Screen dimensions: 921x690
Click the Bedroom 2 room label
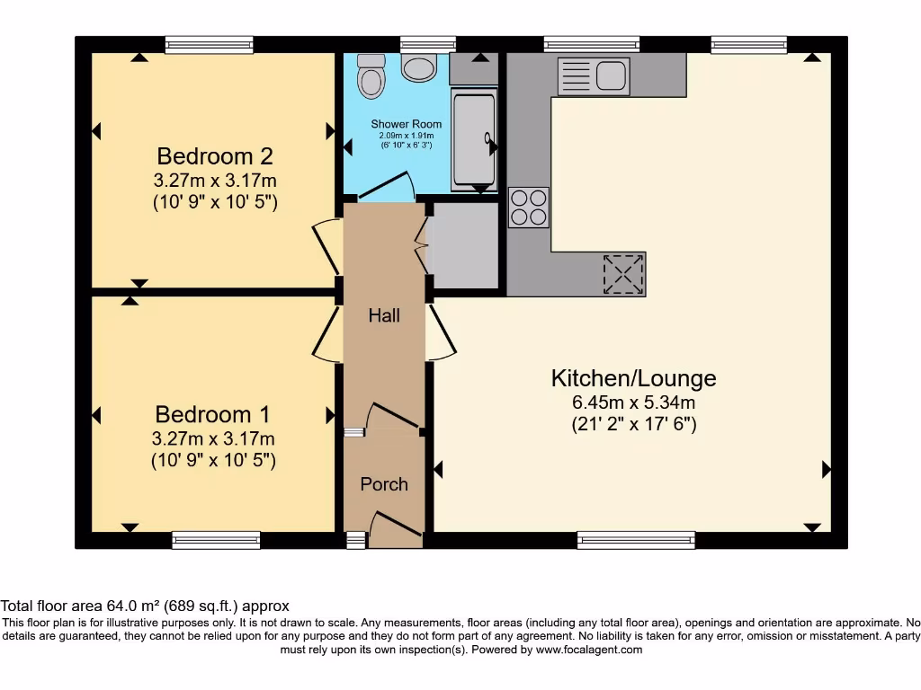pyautogui.click(x=214, y=156)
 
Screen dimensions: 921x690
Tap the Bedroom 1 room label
pyautogui.click(x=212, y=414)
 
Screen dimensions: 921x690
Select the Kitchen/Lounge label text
pyautogui.click(x=633, y=377)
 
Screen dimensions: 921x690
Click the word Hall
pyautogui.click(x=384, y=315)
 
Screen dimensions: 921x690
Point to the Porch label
pyautogui.click(x=384, y=484)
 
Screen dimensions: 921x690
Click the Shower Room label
pyautogui.click(x=407, y=124)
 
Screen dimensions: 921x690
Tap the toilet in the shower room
pyautogui.click(x=370, y=76)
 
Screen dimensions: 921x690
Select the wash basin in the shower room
pyautogui.click(x=418, y=66)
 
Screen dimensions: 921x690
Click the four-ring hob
pyautogui.click(x=529, y=207)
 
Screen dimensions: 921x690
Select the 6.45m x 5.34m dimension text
pyautogui.click(x=635, y=402)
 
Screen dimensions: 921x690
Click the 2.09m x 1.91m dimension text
pyautogui.click(x=407, y=136)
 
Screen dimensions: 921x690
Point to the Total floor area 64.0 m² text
pyautogui.click(x=145, y=606)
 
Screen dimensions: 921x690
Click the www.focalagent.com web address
pyautogui.click(x=589, y=649)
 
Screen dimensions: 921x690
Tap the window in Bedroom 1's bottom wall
pyautogui.click(x=212, y=539)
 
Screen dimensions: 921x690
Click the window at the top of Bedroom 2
pyautogui.click(x=209, y=44)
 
